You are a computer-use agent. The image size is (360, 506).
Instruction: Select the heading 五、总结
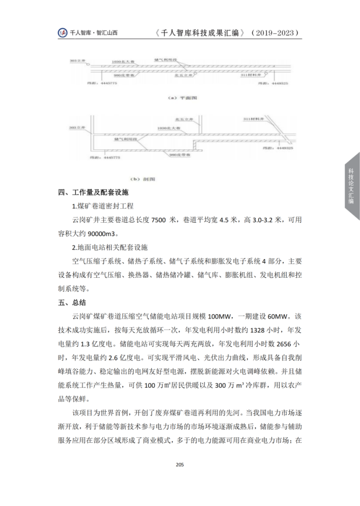[72, 303]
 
